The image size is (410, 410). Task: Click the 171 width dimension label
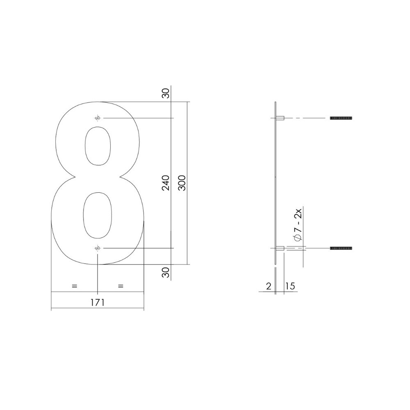(97, 303)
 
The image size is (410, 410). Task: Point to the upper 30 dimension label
(166, 93)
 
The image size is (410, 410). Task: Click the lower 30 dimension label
(166, 272)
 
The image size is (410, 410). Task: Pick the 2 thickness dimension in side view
(269, 286)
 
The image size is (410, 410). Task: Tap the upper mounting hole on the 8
(97, 118)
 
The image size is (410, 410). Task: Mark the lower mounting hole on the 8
(97, 248)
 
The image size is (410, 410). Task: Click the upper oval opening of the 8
(97, 146)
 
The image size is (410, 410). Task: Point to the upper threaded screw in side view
(341, 118)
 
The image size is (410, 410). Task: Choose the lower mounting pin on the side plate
(281, 248)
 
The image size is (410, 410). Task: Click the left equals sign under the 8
(74, 286)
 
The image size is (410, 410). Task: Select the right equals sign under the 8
(121, 286)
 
